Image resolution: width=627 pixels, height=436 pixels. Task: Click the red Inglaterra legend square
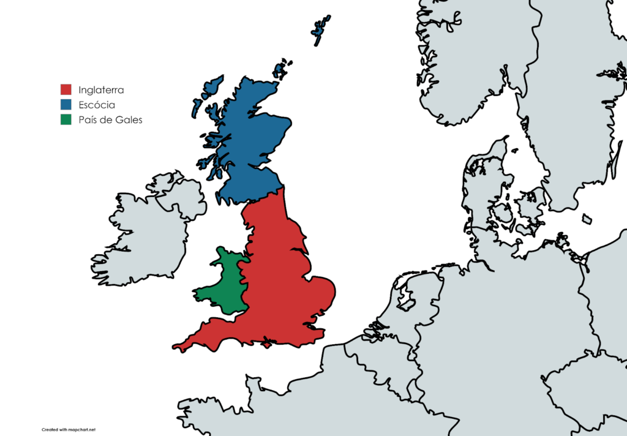pyautogui.click(x=66, y=90)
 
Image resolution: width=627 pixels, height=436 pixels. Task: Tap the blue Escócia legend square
pyautogui.click(x=66, y=105)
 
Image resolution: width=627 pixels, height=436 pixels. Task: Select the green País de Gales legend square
pyautogui.click(x=66, y=119)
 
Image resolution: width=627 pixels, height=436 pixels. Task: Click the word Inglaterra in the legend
pyautogui.click(x=101, y=90)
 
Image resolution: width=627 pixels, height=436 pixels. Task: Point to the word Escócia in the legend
pyautogui.click(x=97, y=105)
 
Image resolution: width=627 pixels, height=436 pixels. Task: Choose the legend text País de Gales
pyautogui.click(x=110, y=120)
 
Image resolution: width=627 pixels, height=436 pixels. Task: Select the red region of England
pyautogui.click(x=282, y=282)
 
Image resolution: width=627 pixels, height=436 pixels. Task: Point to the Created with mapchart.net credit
pyautogui.click(x=69, y=429)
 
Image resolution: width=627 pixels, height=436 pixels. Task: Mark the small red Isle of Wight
pyautogui.click(x=267, y=345)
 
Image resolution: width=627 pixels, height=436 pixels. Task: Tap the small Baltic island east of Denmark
pyautogui.click(x=587, y=219)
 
